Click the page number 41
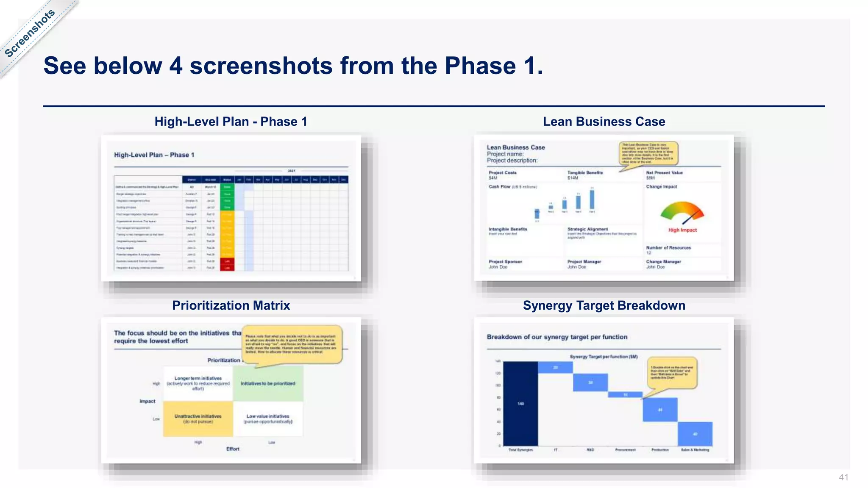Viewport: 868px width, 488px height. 843,477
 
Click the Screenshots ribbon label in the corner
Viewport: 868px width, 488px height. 30,33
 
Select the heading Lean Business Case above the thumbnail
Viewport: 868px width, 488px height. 604,122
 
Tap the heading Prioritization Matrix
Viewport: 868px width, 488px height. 231,305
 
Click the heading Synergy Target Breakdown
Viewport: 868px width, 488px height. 604,305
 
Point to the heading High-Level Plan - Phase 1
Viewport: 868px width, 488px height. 231,122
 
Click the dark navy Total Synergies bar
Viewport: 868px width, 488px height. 520,403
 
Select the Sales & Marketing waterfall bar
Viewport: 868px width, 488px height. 695,434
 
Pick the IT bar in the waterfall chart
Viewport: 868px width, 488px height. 555,367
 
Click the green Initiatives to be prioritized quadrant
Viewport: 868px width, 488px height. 268,383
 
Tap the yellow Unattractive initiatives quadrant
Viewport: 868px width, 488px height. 198,419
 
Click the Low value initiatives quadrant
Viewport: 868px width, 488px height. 268,419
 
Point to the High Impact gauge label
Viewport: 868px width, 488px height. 682,230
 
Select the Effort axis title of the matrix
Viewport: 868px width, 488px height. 233,449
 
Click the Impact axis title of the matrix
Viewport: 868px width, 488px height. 147,401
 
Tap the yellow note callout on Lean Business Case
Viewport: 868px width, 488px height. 648,153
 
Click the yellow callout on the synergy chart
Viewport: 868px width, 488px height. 672,372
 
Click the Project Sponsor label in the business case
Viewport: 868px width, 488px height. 505,262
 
